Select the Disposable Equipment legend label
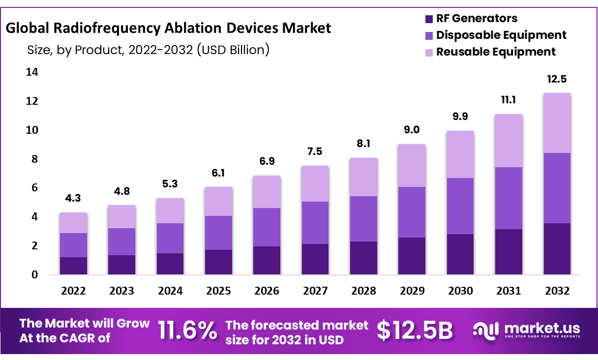(x=501, y=35)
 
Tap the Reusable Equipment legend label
(x=496, y=52)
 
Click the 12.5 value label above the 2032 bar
(x=557, y=79)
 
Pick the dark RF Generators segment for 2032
(x=557, y=249)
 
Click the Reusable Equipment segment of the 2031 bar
(x=508, y=141)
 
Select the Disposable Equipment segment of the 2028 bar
(x=363, y=219)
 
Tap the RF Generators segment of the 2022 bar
(x=73, y=266)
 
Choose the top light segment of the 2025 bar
(x=218, y=202)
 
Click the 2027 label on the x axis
(x=315, y=291)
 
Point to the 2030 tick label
(x=460, y=291)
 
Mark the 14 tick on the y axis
(x=31, y=72)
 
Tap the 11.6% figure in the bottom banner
(x=187, y=331)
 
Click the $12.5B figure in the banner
(x=414, y=331)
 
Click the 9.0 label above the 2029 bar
(x=412, y=130)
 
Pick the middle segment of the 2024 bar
(x=170, y=239)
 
